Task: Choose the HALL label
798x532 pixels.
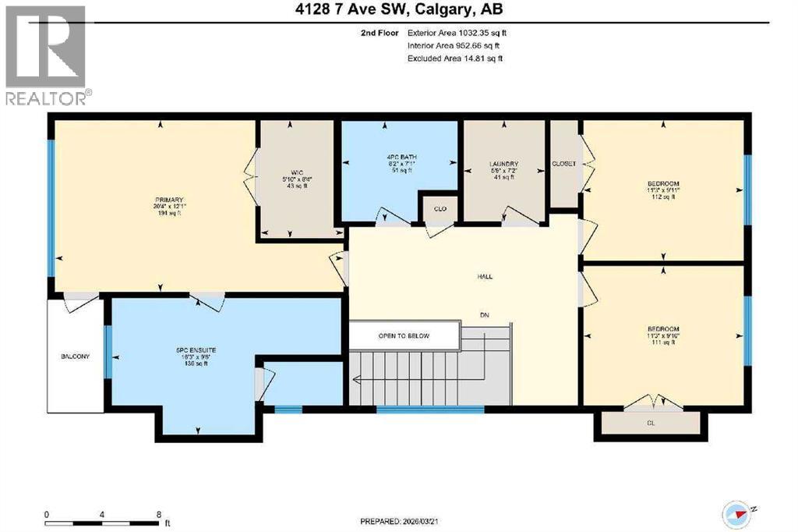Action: point(485,276)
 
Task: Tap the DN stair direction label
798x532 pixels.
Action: point(484,316)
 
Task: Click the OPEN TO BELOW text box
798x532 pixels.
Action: point(404,336)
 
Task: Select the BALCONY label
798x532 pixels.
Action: point(76,356)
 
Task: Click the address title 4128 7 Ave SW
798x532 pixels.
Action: point(398,11)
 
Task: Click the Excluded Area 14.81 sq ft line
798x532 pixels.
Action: point(455,59)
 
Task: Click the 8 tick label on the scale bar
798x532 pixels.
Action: point(159,515)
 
